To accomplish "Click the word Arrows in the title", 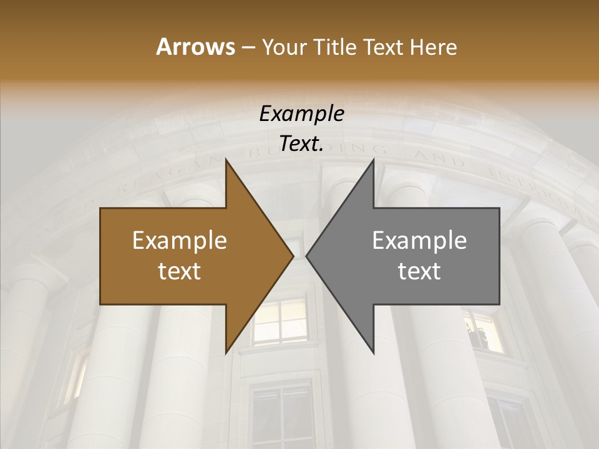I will pyautogui.click(x=195, y=47).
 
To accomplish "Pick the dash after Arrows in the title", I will pyautogui.click(x=248, y=48).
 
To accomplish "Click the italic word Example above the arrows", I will pyautogui.click(x=301, y=113).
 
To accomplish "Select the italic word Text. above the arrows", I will pyautogui.click(x=301, y=144).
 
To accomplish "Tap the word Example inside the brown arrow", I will pyautogui.click(x=180, y=241).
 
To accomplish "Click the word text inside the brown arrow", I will pyautogui.click(x=180, y=271).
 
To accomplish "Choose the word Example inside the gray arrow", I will pyautogui.click(x=419, y=241).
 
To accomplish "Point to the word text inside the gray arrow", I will pyautogui.click(x=419, y=271).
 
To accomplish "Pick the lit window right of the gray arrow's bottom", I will pyautogui.click(x=484, y=331).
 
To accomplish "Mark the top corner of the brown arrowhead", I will pyautogui.click(x=226, y=160).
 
